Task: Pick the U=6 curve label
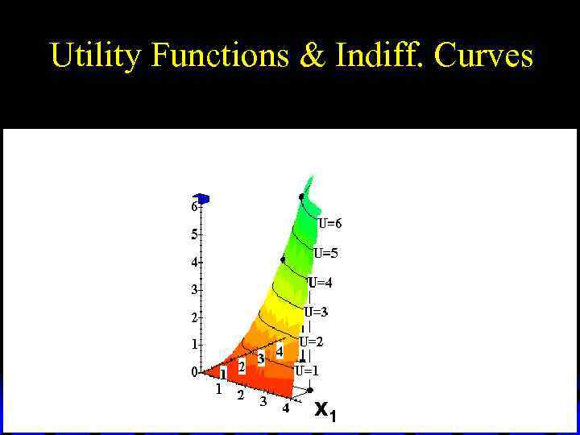(329, 224)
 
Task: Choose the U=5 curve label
(325, 253)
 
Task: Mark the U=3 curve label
(316, 312)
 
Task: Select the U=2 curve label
(312, 342)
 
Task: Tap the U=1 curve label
(307, 371)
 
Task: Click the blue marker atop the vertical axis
(203, 198)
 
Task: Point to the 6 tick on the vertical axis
(194, 206)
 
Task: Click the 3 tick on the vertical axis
(194, 289)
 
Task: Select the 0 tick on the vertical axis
(194, 372)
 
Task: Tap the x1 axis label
(325, 411)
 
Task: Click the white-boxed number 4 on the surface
(280, 351)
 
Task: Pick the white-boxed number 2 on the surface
(242, 367)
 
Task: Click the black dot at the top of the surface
(302, 197)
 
